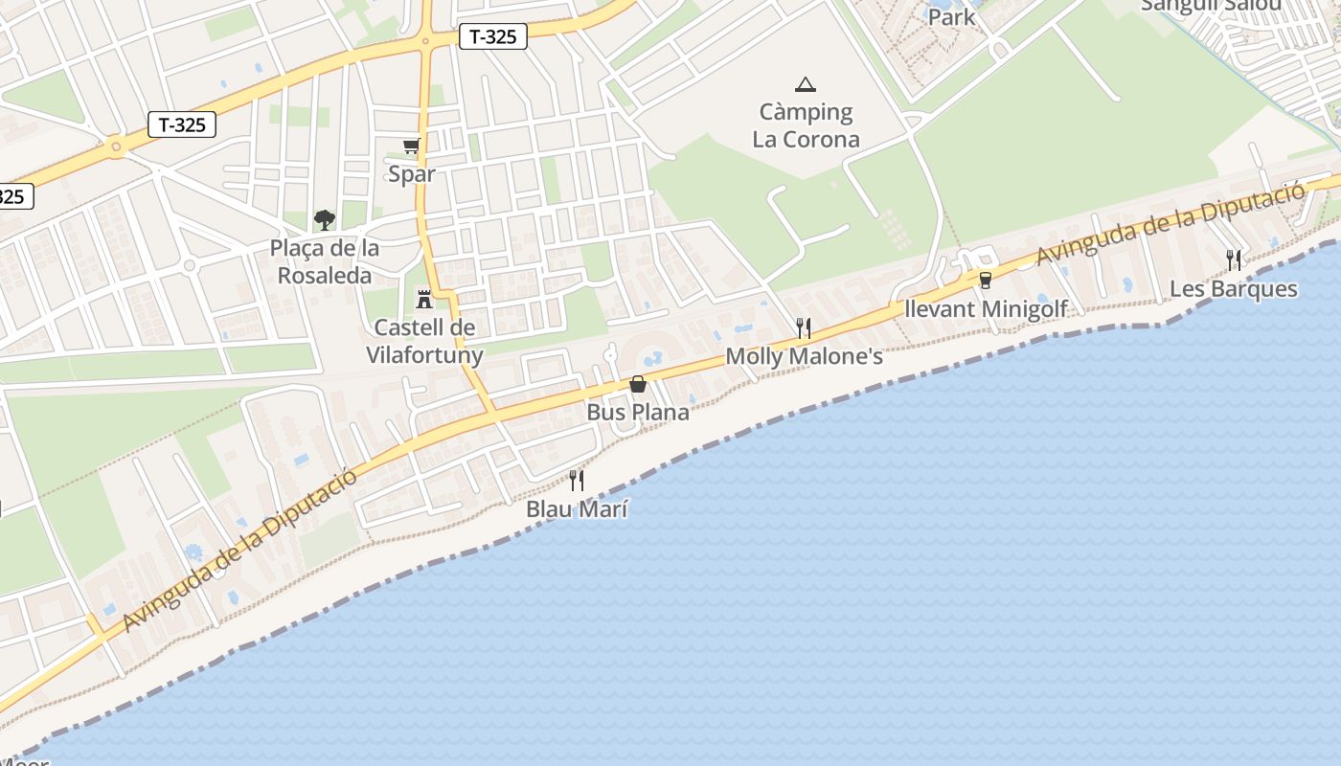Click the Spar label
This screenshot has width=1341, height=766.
tap(411, 174)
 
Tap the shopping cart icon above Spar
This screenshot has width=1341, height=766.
tap(412, 146)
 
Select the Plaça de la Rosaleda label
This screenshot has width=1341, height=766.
tap(325, 261)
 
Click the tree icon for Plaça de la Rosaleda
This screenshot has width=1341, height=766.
tap(325, 220)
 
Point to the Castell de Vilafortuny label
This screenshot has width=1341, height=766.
tap(424, 341)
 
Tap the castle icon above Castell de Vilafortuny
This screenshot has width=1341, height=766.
tap(424, 300)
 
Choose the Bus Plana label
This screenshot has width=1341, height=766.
tap(638, 413)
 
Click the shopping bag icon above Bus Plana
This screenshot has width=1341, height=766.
tap(638, 384)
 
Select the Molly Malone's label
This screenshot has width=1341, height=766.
tap(804, 356)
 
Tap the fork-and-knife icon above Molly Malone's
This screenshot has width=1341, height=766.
tap(804, 328)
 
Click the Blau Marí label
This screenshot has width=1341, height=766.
tap(577, 509)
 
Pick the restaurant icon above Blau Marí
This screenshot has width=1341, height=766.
tap(577, 480)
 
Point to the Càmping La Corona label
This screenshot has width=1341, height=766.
tap(806, 125)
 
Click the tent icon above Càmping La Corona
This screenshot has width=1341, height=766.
tap(806, 84)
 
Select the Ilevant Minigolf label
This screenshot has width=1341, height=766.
tap(986, 309)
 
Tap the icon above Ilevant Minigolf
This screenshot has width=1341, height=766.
tap(985, 280)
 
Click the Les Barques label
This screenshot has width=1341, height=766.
tap(1234, 289)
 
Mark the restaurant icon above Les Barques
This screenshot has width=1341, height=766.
tap(1234, 259)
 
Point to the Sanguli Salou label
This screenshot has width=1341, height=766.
tap(1211, 6)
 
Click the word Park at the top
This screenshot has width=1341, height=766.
tap(951, 16)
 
